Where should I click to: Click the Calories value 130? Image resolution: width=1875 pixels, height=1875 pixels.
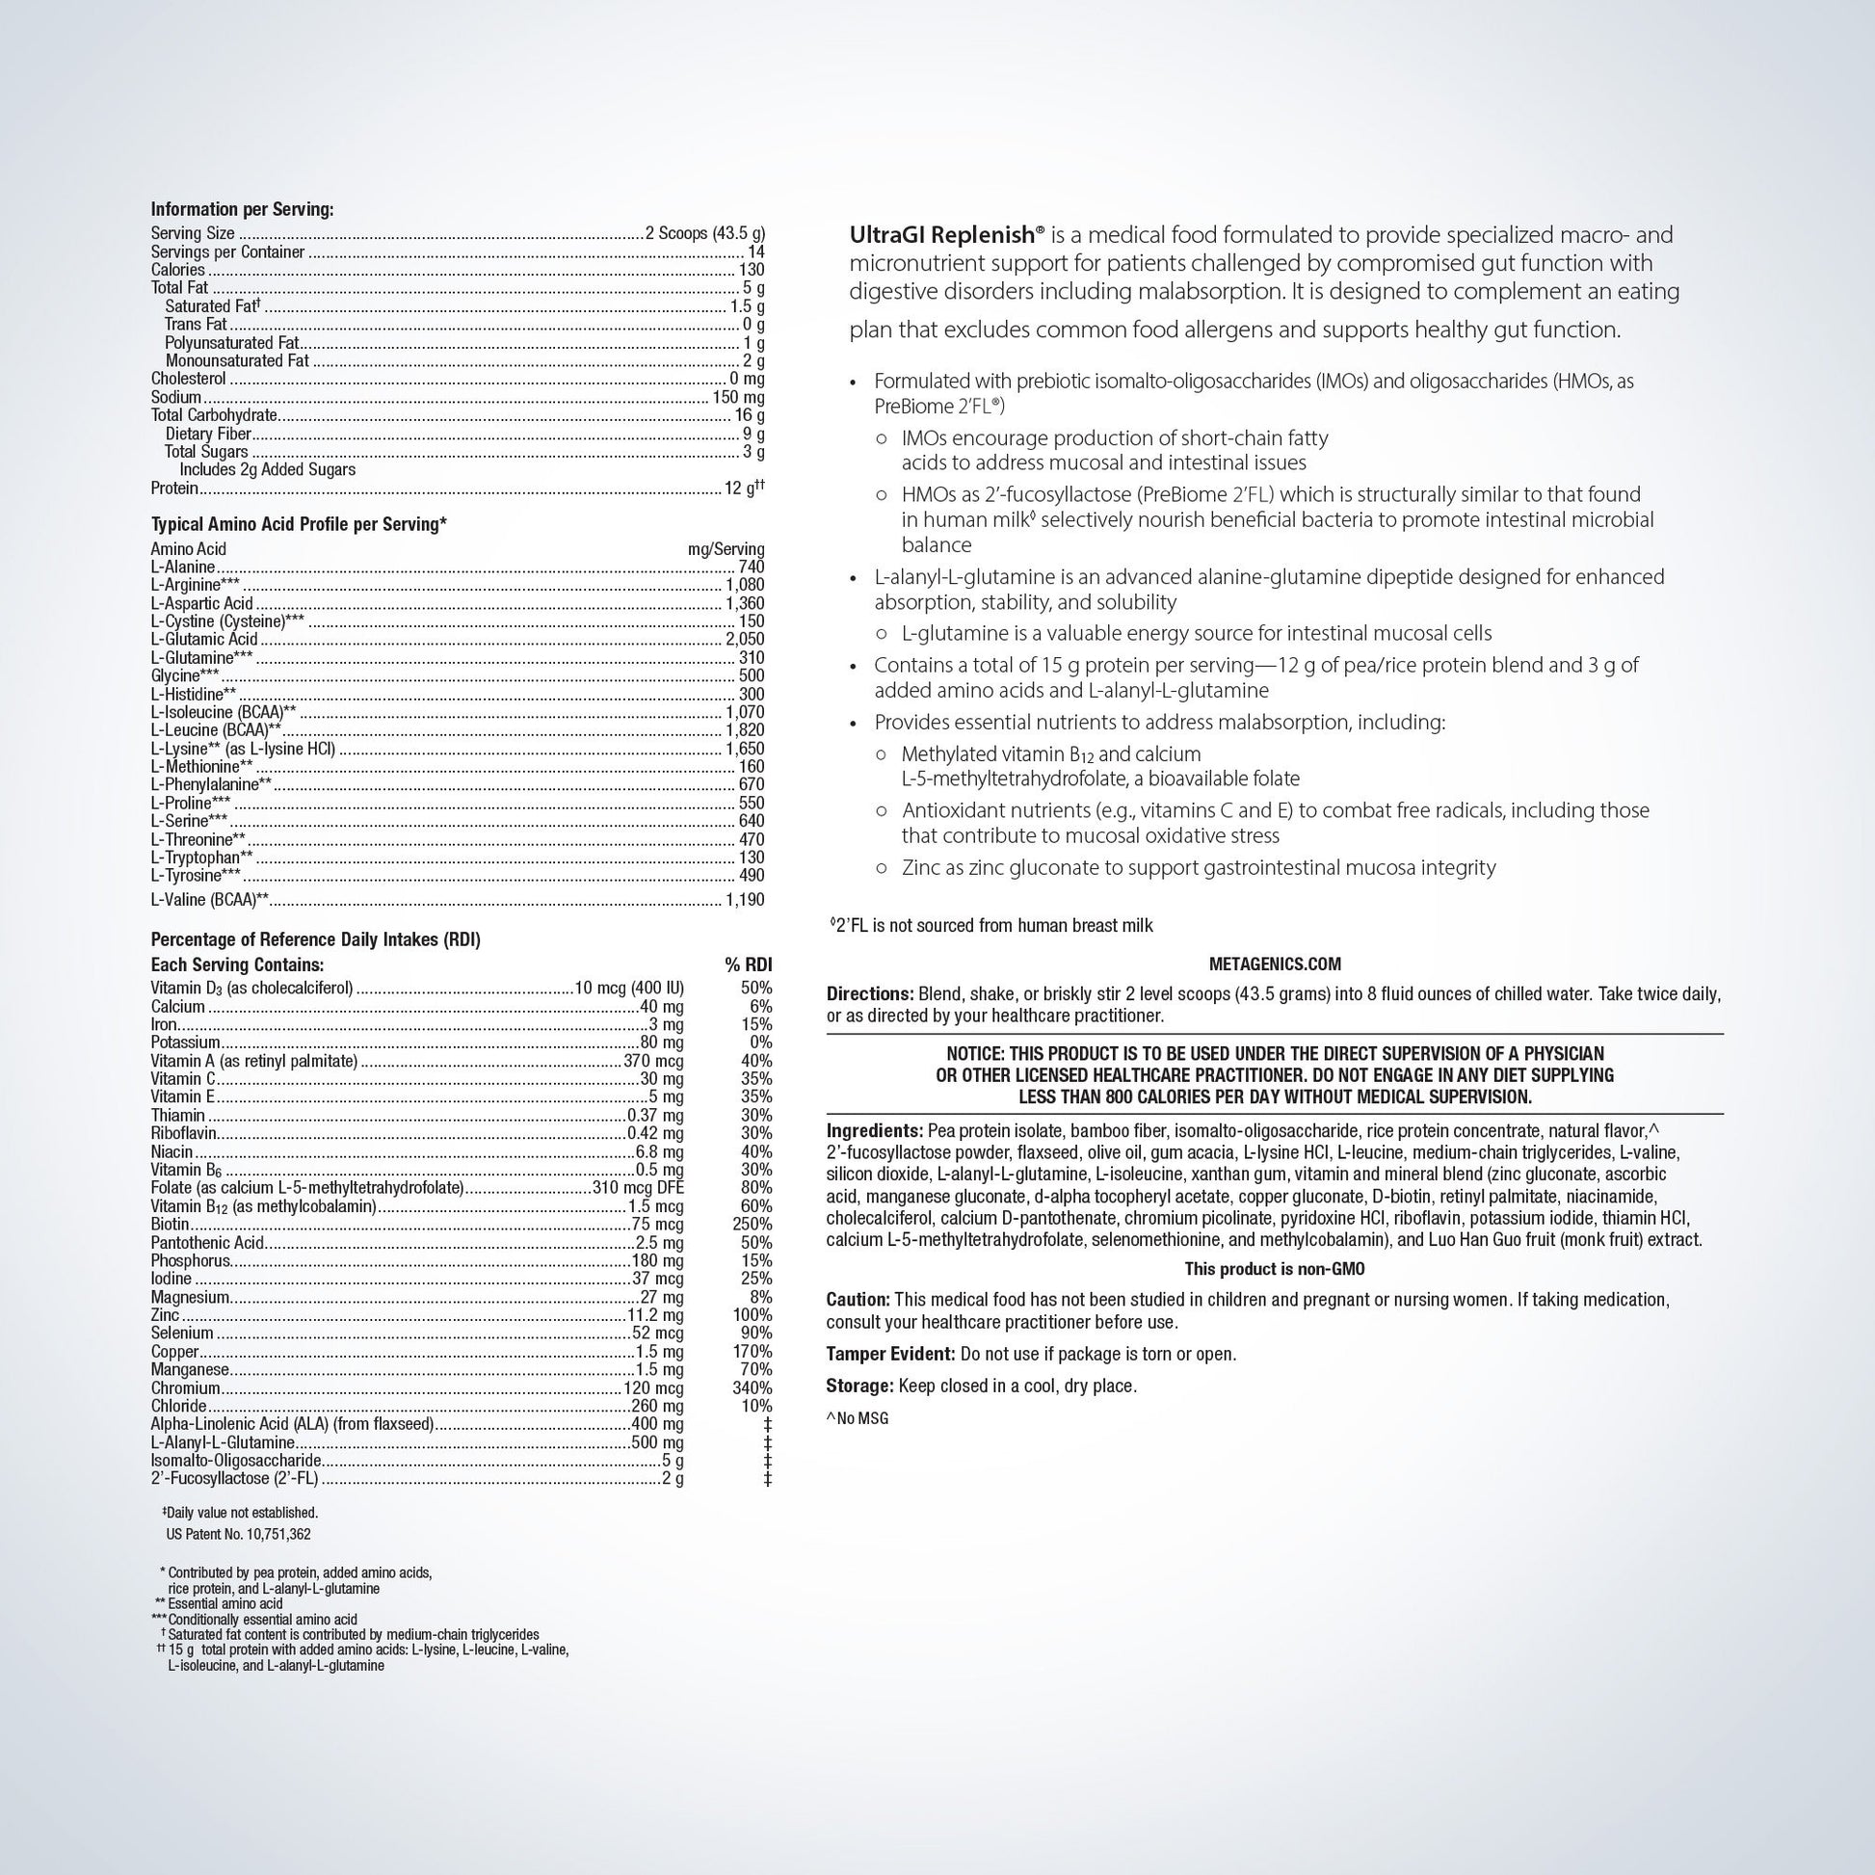pyautogui.click(x=751, y=270)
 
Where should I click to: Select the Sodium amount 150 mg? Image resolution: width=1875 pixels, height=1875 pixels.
pyautogui.click(x=738, y=397)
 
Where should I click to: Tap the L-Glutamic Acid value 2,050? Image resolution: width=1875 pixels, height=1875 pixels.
pyautogui.click(x=745, y=639)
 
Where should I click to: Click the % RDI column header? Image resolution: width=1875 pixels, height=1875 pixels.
pyautogui.click(x=749, y=964)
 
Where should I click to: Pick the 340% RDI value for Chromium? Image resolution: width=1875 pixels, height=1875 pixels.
pyautogui.click(x=753, y=1387)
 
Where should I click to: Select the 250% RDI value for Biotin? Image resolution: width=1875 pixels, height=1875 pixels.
pyautogui.click(x=753, y=1224)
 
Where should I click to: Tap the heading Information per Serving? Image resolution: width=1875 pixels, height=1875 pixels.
pyautogui.click(x=242, y=210)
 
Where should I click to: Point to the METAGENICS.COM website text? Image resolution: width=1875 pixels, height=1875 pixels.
pyautogui.click(x=1276, y=964)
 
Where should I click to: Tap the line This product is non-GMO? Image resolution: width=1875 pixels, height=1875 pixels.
pyautogui.click(x=1275, y=1269)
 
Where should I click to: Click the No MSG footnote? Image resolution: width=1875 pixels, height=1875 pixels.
pyautogui.click(x=857, y=1418)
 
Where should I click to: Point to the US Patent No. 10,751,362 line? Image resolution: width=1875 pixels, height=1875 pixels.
pyautogui.click(x=239, y=1534)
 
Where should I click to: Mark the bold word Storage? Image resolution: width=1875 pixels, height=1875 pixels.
pyautogui.click(x=859, y=1386)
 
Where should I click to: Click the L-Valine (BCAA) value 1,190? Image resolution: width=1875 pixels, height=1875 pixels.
pyautogui.click(x=745, y=900)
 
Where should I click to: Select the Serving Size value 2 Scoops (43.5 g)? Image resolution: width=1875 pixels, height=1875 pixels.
pyautogui.click(x=704, y=233)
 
